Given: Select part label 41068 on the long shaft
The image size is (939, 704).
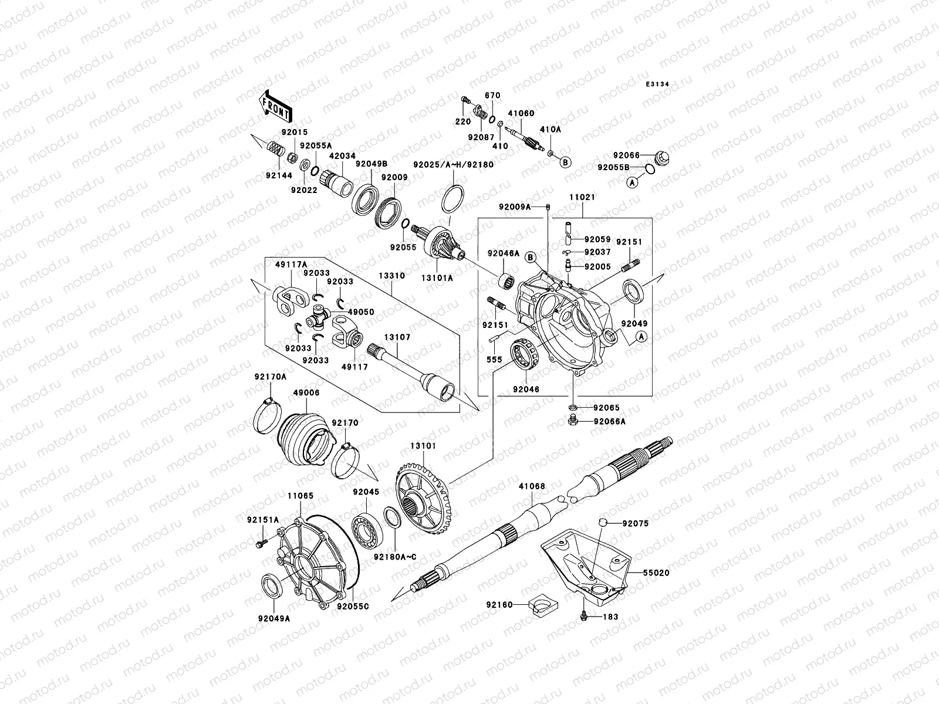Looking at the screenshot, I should coord(532,486).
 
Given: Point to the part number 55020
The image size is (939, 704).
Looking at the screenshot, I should coord(655,572).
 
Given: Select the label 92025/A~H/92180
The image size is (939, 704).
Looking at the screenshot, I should coord(453,165).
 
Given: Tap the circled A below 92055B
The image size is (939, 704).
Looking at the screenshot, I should coord(633,183).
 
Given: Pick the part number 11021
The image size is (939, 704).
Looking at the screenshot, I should coord(581,198).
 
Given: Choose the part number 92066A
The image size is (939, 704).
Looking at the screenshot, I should coord(610,421).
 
